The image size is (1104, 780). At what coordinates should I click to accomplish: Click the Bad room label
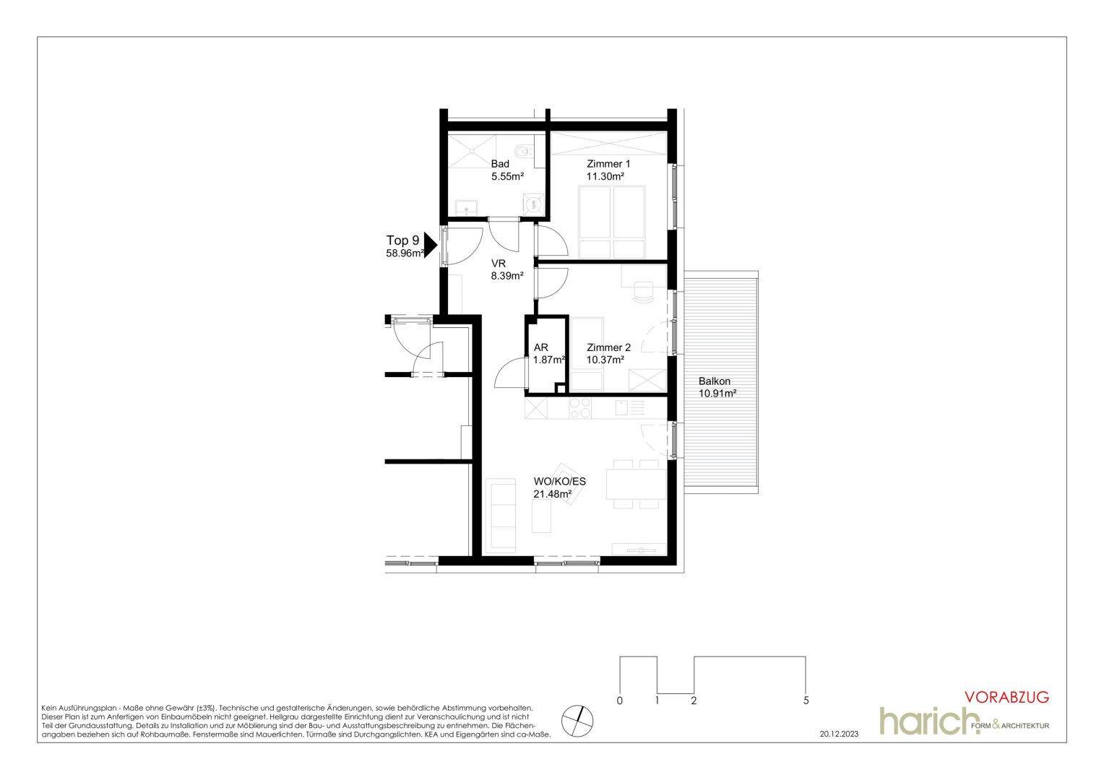500,164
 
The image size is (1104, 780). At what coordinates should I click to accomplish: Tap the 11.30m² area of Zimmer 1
605,176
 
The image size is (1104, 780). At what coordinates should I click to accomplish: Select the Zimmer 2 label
608,347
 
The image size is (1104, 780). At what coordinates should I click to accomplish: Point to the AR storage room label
540,348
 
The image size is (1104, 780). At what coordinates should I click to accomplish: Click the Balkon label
714,381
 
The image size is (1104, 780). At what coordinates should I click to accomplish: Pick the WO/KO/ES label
559,482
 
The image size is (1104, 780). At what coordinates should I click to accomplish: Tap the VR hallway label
499,264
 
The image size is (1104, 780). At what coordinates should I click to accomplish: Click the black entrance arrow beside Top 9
431,245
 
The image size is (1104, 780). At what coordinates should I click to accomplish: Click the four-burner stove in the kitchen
579,408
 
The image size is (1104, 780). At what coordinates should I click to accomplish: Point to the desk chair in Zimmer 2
643,292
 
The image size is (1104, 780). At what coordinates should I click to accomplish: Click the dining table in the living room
636,485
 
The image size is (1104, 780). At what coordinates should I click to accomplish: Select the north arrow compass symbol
577,720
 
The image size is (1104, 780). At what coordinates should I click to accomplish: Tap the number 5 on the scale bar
806,700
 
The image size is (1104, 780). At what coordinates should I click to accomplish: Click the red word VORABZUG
1007,697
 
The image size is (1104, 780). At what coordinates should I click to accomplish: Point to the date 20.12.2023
839,734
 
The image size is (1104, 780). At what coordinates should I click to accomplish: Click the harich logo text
930,721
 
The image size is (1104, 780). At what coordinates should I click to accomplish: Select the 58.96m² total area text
405,253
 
